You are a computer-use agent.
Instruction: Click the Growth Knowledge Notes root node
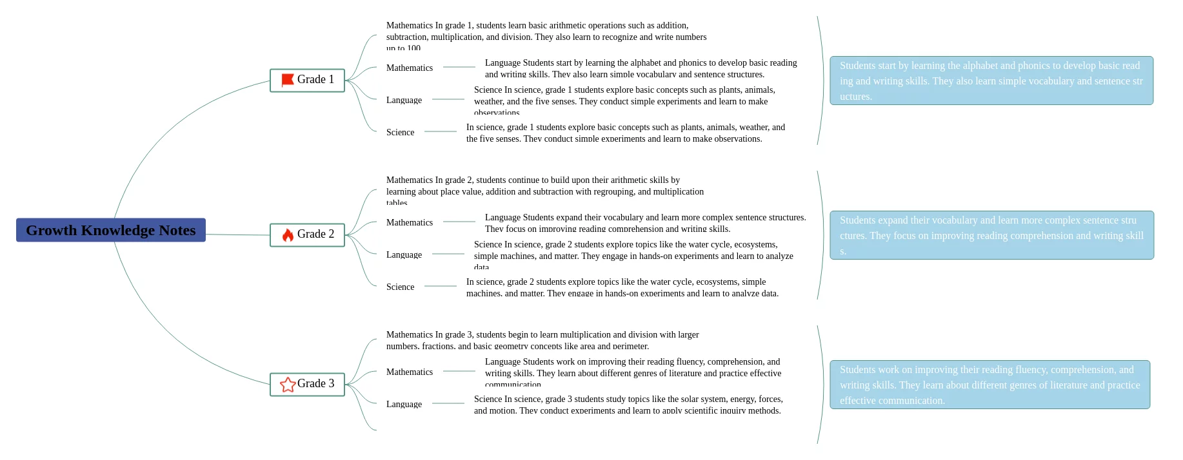(x=111, y=230)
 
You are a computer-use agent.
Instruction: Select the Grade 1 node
(x=307, y=80)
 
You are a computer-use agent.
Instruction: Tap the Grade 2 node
(x=307, y=235)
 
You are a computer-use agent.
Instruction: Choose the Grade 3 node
(x=307, y=384)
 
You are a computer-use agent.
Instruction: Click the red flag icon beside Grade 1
(x=288, y=80)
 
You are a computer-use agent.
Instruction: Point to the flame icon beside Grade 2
(x=288, y=235)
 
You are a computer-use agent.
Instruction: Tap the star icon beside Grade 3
(x=288, y=384)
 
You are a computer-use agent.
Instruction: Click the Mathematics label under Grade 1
(x=410, y=68)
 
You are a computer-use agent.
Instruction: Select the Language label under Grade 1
(x=404, y=100)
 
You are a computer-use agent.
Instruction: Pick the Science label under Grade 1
(x=400, y=132)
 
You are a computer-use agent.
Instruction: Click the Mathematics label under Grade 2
(x=410, y=222)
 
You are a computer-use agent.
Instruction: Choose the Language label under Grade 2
(x=404, y=254)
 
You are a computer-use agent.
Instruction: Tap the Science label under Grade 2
(x=400, y=287)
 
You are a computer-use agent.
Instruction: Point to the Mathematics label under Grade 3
(x=410, y=372)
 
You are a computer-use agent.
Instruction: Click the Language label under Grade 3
(x=404, y=404)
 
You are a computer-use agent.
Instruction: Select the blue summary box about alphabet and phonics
(x=991, y=81)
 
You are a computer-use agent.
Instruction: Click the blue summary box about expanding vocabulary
(x=991, y=235)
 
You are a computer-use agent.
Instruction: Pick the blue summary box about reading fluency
(x=989, y=385)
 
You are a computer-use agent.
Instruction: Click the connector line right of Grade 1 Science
(x=441, y=131)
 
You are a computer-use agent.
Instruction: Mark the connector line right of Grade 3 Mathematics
(x=459, y=371)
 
